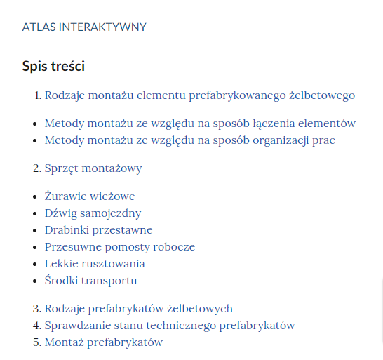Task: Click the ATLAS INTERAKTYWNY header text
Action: pos(84,27)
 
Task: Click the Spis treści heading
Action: pos(53,67)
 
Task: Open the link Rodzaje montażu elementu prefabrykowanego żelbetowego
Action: pos(199,95)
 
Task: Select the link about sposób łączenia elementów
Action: pos(200,124)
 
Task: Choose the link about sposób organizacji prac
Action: pos(189,140)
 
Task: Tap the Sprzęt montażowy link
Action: pos(93,168)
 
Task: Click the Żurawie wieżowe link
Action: pos(90,196)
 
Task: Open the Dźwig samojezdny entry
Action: pos(93,213)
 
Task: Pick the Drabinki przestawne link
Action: pos(98,230)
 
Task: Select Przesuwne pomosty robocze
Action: pos(119,247)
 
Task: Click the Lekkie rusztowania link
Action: pos(95,264)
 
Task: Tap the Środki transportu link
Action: pos(90,281)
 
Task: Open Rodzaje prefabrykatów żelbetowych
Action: pos(138,309)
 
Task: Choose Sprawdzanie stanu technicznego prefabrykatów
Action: pos(170,326)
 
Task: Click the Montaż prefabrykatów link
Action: pos(103,342)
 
